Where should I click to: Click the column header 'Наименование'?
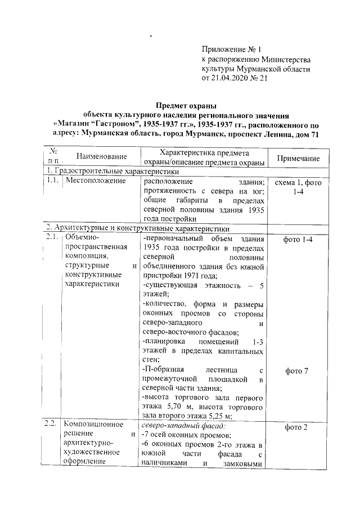point(101,156)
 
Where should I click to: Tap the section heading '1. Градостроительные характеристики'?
point(112,172)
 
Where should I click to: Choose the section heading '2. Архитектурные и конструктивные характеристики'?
point(138,229)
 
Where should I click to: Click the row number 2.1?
point(53,239)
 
